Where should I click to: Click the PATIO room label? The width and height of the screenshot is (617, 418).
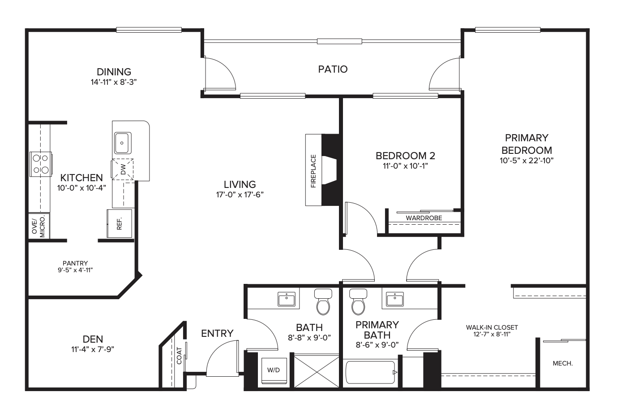point(333,69)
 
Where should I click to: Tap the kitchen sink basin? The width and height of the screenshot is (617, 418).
point(123,143)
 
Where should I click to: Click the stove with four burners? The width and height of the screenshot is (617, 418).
point(41,164)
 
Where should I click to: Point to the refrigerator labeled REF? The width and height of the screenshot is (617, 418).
point(119,223)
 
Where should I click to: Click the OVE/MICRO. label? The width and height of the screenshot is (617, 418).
point(39,226)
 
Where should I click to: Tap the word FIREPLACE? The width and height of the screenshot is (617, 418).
point(313,171)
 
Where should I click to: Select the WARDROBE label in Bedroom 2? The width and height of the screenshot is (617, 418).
point(424,218)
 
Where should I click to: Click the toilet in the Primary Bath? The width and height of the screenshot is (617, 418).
point(358,302)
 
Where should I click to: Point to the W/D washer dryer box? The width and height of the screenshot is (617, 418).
point(274,370)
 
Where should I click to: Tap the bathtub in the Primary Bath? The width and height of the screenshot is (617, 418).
point(371,372)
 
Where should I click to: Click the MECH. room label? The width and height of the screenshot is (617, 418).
point(563,363)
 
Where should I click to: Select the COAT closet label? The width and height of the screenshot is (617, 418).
point(179,356)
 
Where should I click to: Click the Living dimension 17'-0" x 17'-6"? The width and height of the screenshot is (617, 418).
point(240,195)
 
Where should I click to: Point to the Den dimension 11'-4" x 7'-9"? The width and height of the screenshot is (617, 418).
point(93,349)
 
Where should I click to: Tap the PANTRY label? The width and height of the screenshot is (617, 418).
point(75,263)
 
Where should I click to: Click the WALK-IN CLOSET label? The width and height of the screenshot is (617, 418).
point(492,327)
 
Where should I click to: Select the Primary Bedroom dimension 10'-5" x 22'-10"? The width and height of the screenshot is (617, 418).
point(527,161)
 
